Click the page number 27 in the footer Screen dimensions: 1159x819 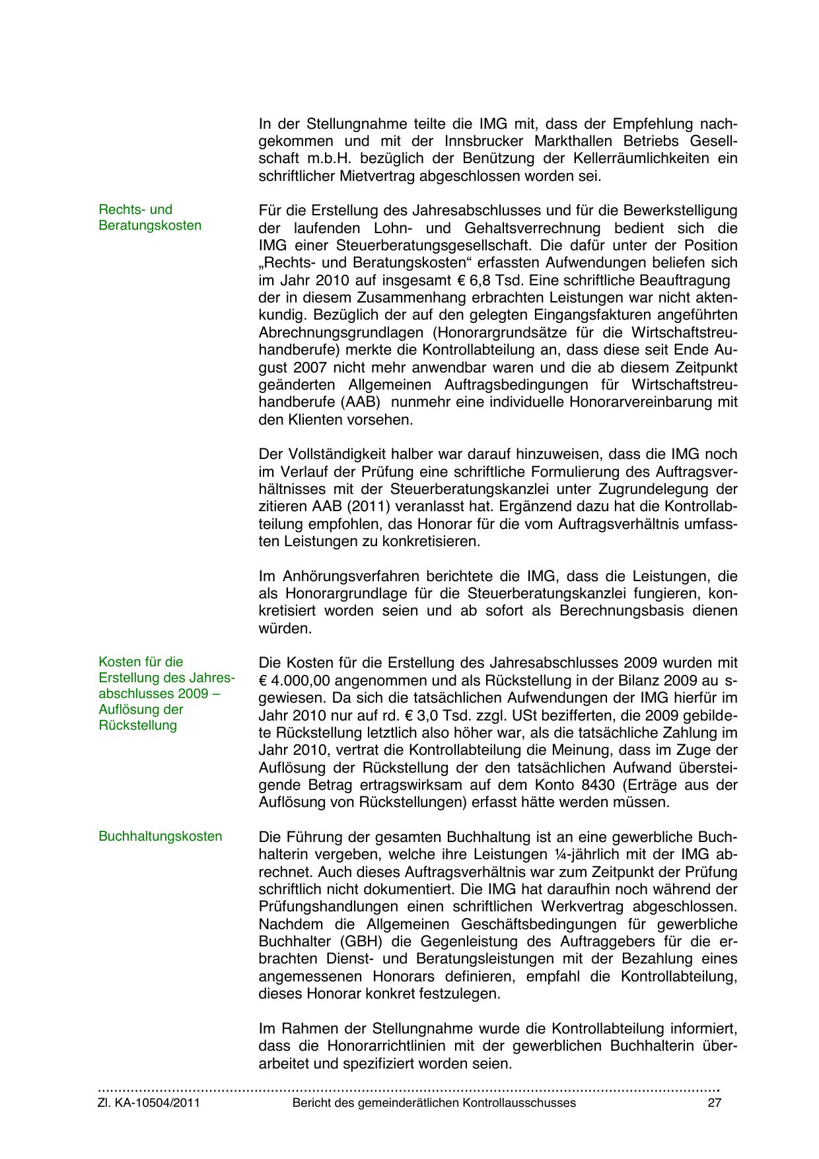tap(714, 1103)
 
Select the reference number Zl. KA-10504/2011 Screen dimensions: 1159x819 tap(149, 1103)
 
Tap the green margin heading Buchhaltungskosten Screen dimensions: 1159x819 tap(160, 837)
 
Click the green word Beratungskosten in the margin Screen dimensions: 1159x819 tap(150, 225)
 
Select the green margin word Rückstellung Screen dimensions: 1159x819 tap(137, 725)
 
